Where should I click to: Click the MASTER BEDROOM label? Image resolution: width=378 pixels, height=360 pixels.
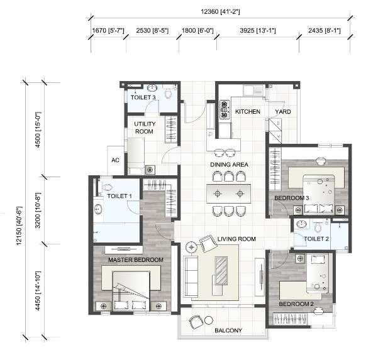coord(136,260)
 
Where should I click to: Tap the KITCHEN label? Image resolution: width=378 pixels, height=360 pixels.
coord(248,111)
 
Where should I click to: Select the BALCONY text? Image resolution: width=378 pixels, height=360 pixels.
coord(228,330)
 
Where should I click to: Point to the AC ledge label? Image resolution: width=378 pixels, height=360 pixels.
coord(115,160)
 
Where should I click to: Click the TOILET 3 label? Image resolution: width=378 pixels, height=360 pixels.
coord(143,97)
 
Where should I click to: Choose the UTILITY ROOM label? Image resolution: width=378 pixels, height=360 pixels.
coord(145,128)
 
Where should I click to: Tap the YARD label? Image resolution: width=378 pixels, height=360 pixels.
coord(283,111)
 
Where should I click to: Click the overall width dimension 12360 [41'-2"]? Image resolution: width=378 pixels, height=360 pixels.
coord(220,11)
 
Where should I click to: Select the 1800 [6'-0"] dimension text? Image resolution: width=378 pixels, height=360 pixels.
coord(197,31)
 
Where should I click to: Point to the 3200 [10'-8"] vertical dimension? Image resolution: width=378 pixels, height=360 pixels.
coord(38,210)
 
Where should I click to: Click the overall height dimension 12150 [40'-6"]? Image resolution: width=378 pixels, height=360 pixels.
coord(19,226)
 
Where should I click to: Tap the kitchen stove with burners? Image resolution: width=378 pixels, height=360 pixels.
coord(225,109)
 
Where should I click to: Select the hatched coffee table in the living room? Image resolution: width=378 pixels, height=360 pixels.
coord(221,271)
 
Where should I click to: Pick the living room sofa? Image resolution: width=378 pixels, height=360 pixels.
coord(191,276)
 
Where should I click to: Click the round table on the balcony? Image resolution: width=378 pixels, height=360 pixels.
coord(209,320)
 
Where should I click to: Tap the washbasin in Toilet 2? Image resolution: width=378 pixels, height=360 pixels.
coord(301,224)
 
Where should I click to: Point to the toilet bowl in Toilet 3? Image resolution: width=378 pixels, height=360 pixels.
coord(169,92)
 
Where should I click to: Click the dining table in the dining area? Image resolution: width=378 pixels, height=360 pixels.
coord(228,194)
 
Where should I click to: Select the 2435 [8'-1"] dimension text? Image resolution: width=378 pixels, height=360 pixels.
coord(325,31)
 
